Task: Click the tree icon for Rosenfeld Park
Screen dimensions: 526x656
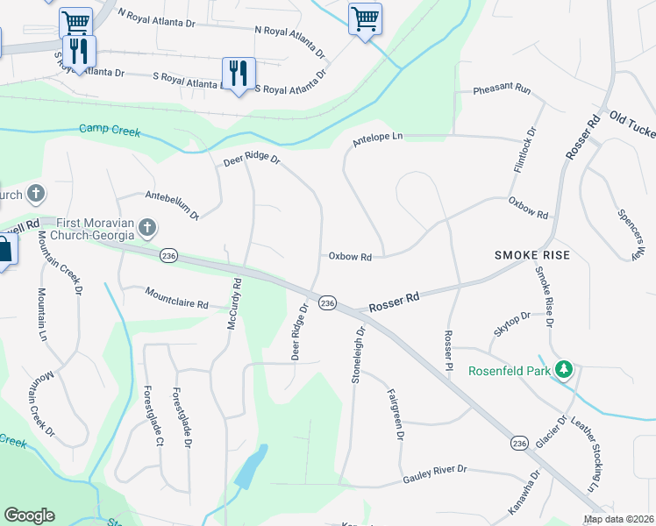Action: [x=566, y=370]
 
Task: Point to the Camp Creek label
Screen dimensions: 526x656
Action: [x=110, y=130]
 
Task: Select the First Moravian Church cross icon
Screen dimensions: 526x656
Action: [x=147, y=229]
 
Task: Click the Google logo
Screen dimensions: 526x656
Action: [x=29, y=515]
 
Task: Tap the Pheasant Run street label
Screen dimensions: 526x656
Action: [x=503, y=90]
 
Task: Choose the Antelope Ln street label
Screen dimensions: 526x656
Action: [x=377, y=138]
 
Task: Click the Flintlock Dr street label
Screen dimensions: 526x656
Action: [x=531, y=148]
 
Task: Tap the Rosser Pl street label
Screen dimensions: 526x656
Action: [x=449, y=348]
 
